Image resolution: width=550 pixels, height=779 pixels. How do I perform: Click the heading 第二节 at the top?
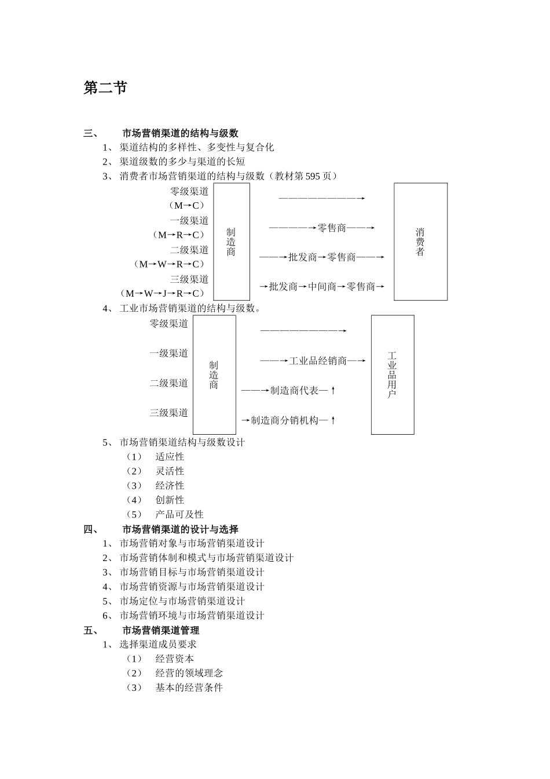[x=105, y=88]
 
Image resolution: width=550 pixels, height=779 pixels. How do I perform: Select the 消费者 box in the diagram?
[x=420, y=242]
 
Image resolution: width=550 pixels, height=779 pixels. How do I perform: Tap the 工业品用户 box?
[x=392, y=374]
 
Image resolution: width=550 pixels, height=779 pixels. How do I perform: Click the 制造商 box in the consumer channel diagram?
[x=231, y=242]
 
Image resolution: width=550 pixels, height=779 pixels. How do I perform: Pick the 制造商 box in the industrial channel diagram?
[x=214, y=374]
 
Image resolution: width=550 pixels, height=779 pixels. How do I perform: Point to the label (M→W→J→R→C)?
[x=163, y=293]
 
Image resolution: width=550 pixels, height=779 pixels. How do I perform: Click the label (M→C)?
[x=187, y=206]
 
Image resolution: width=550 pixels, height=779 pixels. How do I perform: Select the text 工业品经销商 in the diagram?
[x=318, y=361]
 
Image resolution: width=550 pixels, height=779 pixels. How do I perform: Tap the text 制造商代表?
[x=294, y=391]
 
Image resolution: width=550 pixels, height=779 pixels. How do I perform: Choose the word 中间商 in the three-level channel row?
[x=322, y=286]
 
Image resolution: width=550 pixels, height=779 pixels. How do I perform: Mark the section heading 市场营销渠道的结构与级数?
[x=180, y=133]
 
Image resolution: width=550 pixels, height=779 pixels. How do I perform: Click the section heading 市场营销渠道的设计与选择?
[x=180, y=529]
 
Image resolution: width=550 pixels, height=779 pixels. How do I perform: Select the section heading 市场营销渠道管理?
[x=160, y=630]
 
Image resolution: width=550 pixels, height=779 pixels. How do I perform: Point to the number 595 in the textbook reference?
[x=313, y=176]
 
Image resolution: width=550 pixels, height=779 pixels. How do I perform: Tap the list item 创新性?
[x=170, y=500]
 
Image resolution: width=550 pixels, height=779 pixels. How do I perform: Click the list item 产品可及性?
[x=179, y=514]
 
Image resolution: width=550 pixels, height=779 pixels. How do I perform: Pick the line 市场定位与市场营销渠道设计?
[x=182, y=601]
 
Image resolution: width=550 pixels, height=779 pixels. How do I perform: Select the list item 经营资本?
[x=175, y=658]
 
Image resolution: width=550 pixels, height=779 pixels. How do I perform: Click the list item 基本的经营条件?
[x=189, y=687]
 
